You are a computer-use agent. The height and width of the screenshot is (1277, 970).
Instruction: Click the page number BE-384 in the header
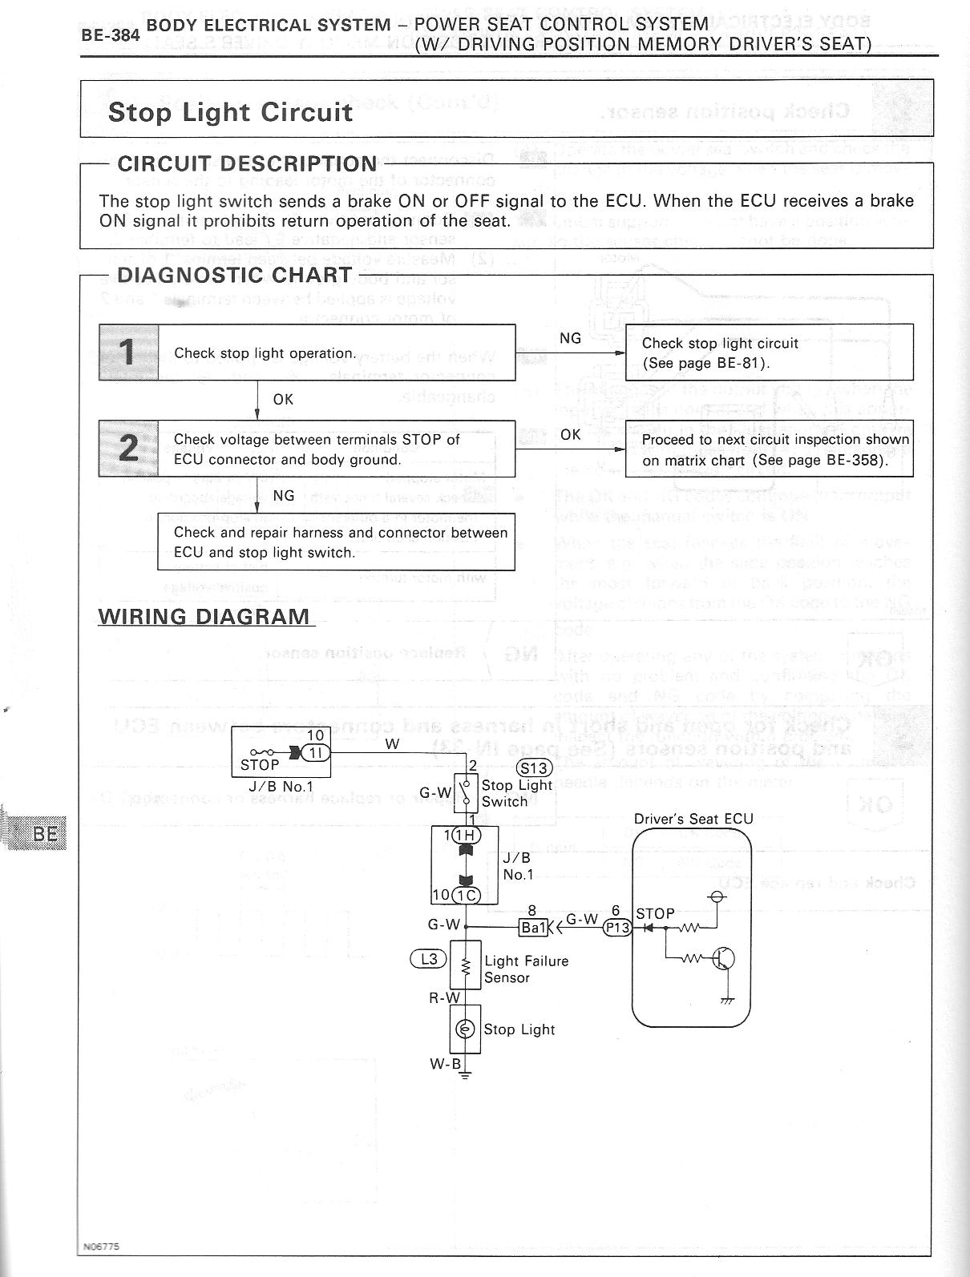click(111, 36)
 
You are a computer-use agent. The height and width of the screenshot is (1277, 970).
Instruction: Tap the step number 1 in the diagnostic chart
click(128, 352)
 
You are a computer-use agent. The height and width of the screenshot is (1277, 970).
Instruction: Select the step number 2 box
click(128, 448)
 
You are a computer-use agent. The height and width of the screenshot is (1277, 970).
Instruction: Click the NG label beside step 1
click(570, 338)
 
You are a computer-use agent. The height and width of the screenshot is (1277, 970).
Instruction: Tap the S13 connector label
click(535, 767)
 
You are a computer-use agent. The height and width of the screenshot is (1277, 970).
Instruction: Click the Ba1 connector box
click(533, 928)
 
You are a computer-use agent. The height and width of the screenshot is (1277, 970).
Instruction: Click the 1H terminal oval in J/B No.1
click(466, 836)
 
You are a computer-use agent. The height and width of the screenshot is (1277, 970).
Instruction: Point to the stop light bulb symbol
click(465, 1029)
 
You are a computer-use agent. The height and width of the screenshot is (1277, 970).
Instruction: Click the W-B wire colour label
click(446, 1064)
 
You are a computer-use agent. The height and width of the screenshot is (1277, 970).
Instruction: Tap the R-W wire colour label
click(444, 998)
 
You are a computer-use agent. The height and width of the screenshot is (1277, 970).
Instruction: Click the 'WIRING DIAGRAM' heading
click(204, 616)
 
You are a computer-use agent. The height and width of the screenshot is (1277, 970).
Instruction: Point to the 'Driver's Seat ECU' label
click(693, 820)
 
